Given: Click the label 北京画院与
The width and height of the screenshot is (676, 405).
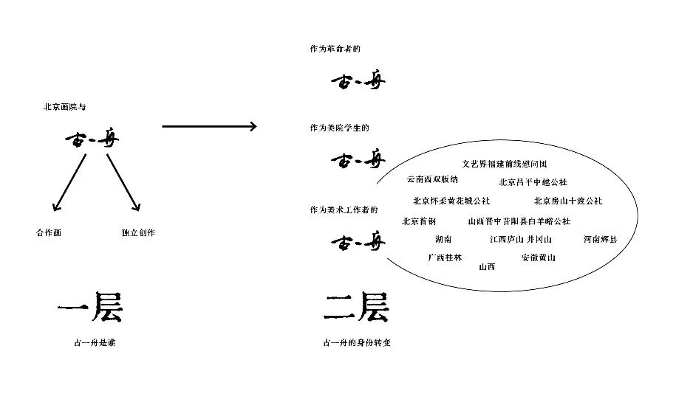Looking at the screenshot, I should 65,108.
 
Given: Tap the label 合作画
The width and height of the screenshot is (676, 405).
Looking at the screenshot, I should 49,233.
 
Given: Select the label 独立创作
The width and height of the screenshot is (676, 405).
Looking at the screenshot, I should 138,233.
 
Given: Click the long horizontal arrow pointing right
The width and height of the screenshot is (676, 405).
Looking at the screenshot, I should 209,127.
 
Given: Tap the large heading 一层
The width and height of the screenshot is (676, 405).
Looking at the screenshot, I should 89,308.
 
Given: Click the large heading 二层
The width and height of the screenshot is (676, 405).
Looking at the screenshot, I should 355,308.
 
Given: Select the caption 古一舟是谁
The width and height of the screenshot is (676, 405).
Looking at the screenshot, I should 89,343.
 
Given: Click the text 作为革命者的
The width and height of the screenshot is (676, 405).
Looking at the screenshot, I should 335,49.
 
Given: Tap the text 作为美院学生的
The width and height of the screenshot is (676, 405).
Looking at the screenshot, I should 339,128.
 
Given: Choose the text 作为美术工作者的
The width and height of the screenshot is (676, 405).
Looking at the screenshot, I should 344,210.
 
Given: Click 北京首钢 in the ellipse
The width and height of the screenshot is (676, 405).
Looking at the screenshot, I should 419,221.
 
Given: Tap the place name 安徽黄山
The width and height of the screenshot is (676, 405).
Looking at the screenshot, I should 538,257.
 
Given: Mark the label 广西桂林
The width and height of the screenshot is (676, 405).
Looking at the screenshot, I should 445,257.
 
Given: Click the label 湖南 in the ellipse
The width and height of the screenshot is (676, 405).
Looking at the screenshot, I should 443,240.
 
